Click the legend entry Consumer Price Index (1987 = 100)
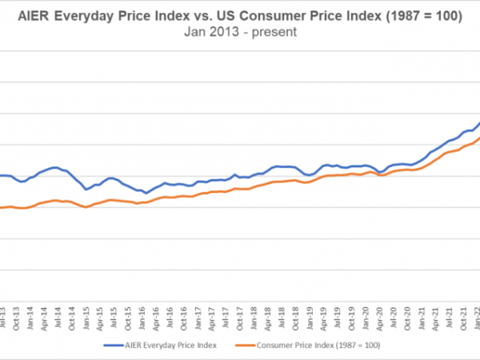pos(318,345)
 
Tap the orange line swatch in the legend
pos(246,345)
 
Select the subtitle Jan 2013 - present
pos(239,33)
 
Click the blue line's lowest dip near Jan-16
pos(146,193)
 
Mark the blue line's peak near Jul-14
pos(55,167)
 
